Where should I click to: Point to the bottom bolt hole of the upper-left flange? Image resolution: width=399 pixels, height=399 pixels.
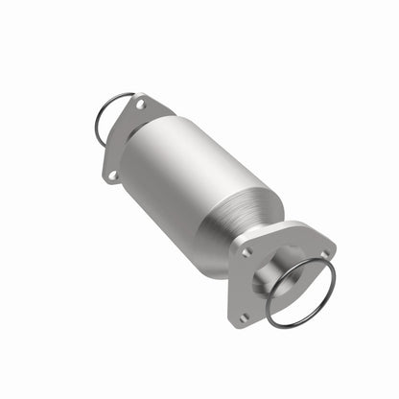point(113,175)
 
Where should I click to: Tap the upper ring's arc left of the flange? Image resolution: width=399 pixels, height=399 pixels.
point(95,125)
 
